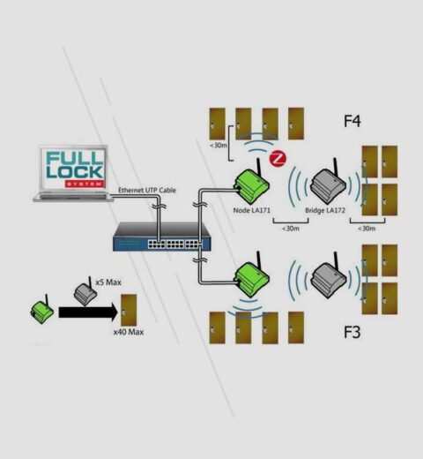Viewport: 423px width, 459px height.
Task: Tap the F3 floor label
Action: tap(352, 334)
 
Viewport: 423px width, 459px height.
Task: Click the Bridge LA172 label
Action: tap(326, 212)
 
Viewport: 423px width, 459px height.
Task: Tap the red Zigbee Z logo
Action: tap(278, 160)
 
